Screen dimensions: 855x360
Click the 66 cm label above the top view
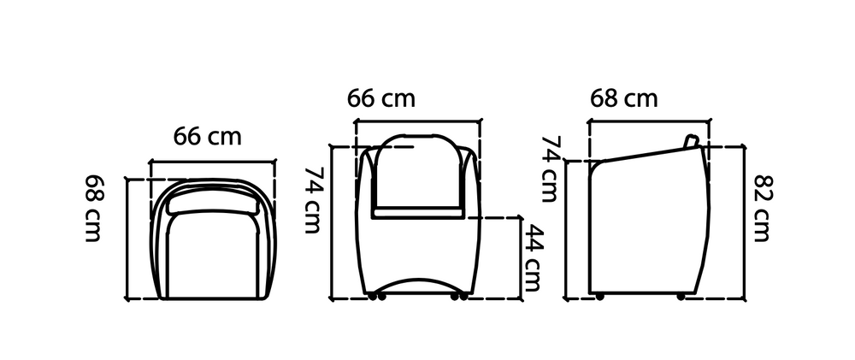click(x=207, y=136)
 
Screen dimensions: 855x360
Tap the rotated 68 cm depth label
click(x=93, y=208)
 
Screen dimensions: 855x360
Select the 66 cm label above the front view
click(x=381, y=98)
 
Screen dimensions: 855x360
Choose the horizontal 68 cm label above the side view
click(x=624, y=98)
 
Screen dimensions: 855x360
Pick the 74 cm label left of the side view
click(x=550, y=168)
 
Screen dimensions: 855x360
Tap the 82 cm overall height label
click(x=763, y=208)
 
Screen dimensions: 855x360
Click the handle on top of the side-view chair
click(x=692, y=141)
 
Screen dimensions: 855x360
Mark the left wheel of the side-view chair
click(x=600, y=297)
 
